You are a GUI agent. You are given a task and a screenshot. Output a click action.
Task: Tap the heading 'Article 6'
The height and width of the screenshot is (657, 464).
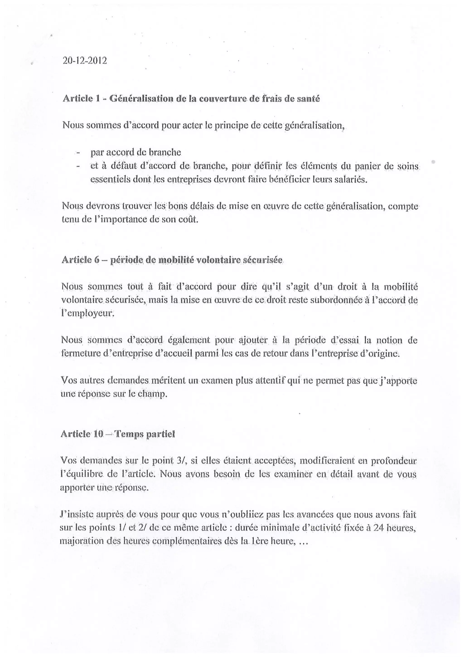(80, 260)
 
